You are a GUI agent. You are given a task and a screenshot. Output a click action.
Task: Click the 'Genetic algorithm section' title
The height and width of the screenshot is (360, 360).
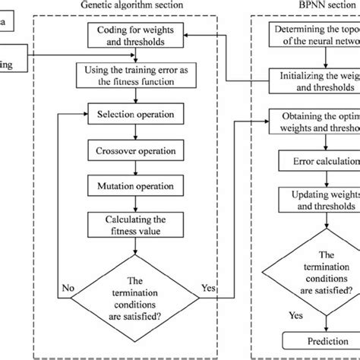[133, 6]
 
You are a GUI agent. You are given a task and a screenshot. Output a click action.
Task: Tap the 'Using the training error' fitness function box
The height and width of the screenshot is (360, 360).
[133, 75]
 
